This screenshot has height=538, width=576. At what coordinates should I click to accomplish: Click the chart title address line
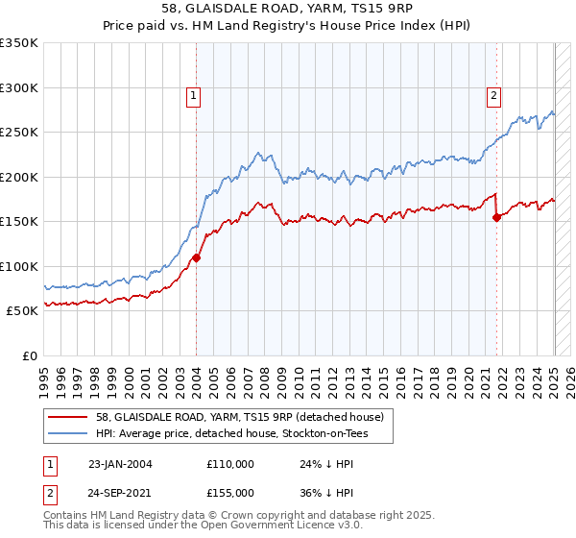287,10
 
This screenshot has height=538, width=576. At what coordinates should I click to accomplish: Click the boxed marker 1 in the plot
194,95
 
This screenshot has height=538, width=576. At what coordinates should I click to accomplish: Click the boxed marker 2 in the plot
493,95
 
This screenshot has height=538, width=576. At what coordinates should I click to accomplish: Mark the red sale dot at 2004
196,257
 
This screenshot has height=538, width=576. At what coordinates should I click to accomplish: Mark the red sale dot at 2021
497,217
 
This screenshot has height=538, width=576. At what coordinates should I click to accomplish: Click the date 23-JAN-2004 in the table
120,464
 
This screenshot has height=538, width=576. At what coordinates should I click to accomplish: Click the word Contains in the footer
67,516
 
